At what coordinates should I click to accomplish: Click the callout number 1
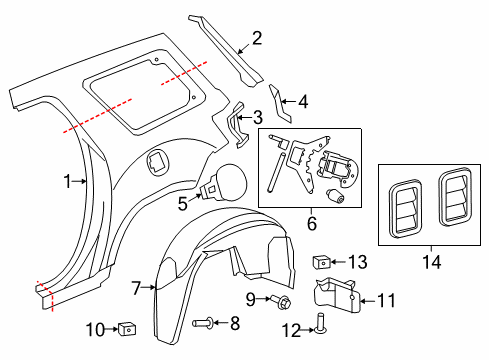68,181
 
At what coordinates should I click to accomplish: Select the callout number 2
257,39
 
